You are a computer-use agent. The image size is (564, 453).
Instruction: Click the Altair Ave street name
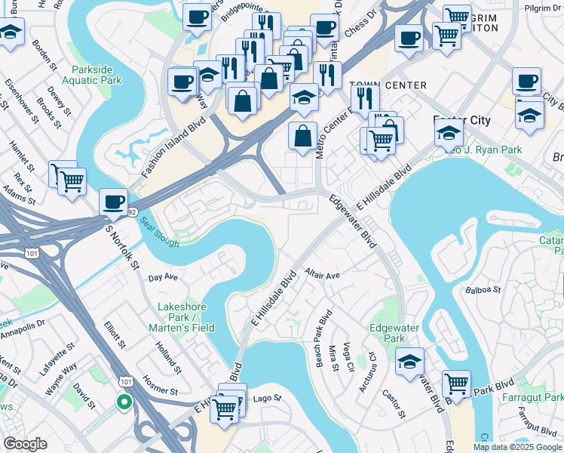coord(323,275)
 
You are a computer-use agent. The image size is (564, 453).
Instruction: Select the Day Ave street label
coord(163,277)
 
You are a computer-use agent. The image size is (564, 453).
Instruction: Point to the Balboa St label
coord(483,289)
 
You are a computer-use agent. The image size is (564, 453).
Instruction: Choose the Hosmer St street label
coord(160,386)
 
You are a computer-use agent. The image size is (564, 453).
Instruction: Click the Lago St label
coord(267,398)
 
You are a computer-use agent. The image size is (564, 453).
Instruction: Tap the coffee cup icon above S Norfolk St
coord(114,202)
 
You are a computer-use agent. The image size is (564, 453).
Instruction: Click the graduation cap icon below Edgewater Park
coord(410,361)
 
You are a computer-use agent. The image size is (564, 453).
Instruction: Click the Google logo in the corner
coord(26,444)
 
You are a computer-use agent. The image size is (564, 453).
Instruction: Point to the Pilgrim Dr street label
coord(544,8)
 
